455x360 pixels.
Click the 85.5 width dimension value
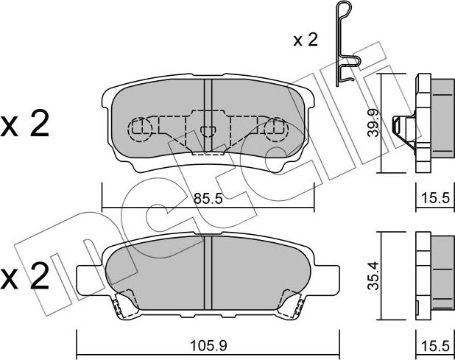tap(208, 199)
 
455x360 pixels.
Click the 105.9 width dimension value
tap(208, 346)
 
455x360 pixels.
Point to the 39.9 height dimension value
tap(373, 123)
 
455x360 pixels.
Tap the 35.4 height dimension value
tap(373, 275)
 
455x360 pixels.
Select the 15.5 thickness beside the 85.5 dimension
tap(435, 199)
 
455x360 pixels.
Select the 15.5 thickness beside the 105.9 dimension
tap(435, 346)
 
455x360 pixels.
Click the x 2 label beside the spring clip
tap(306, 40)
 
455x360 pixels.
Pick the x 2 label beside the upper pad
tap(25, 124)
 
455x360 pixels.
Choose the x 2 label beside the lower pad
tap(25, 276)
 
